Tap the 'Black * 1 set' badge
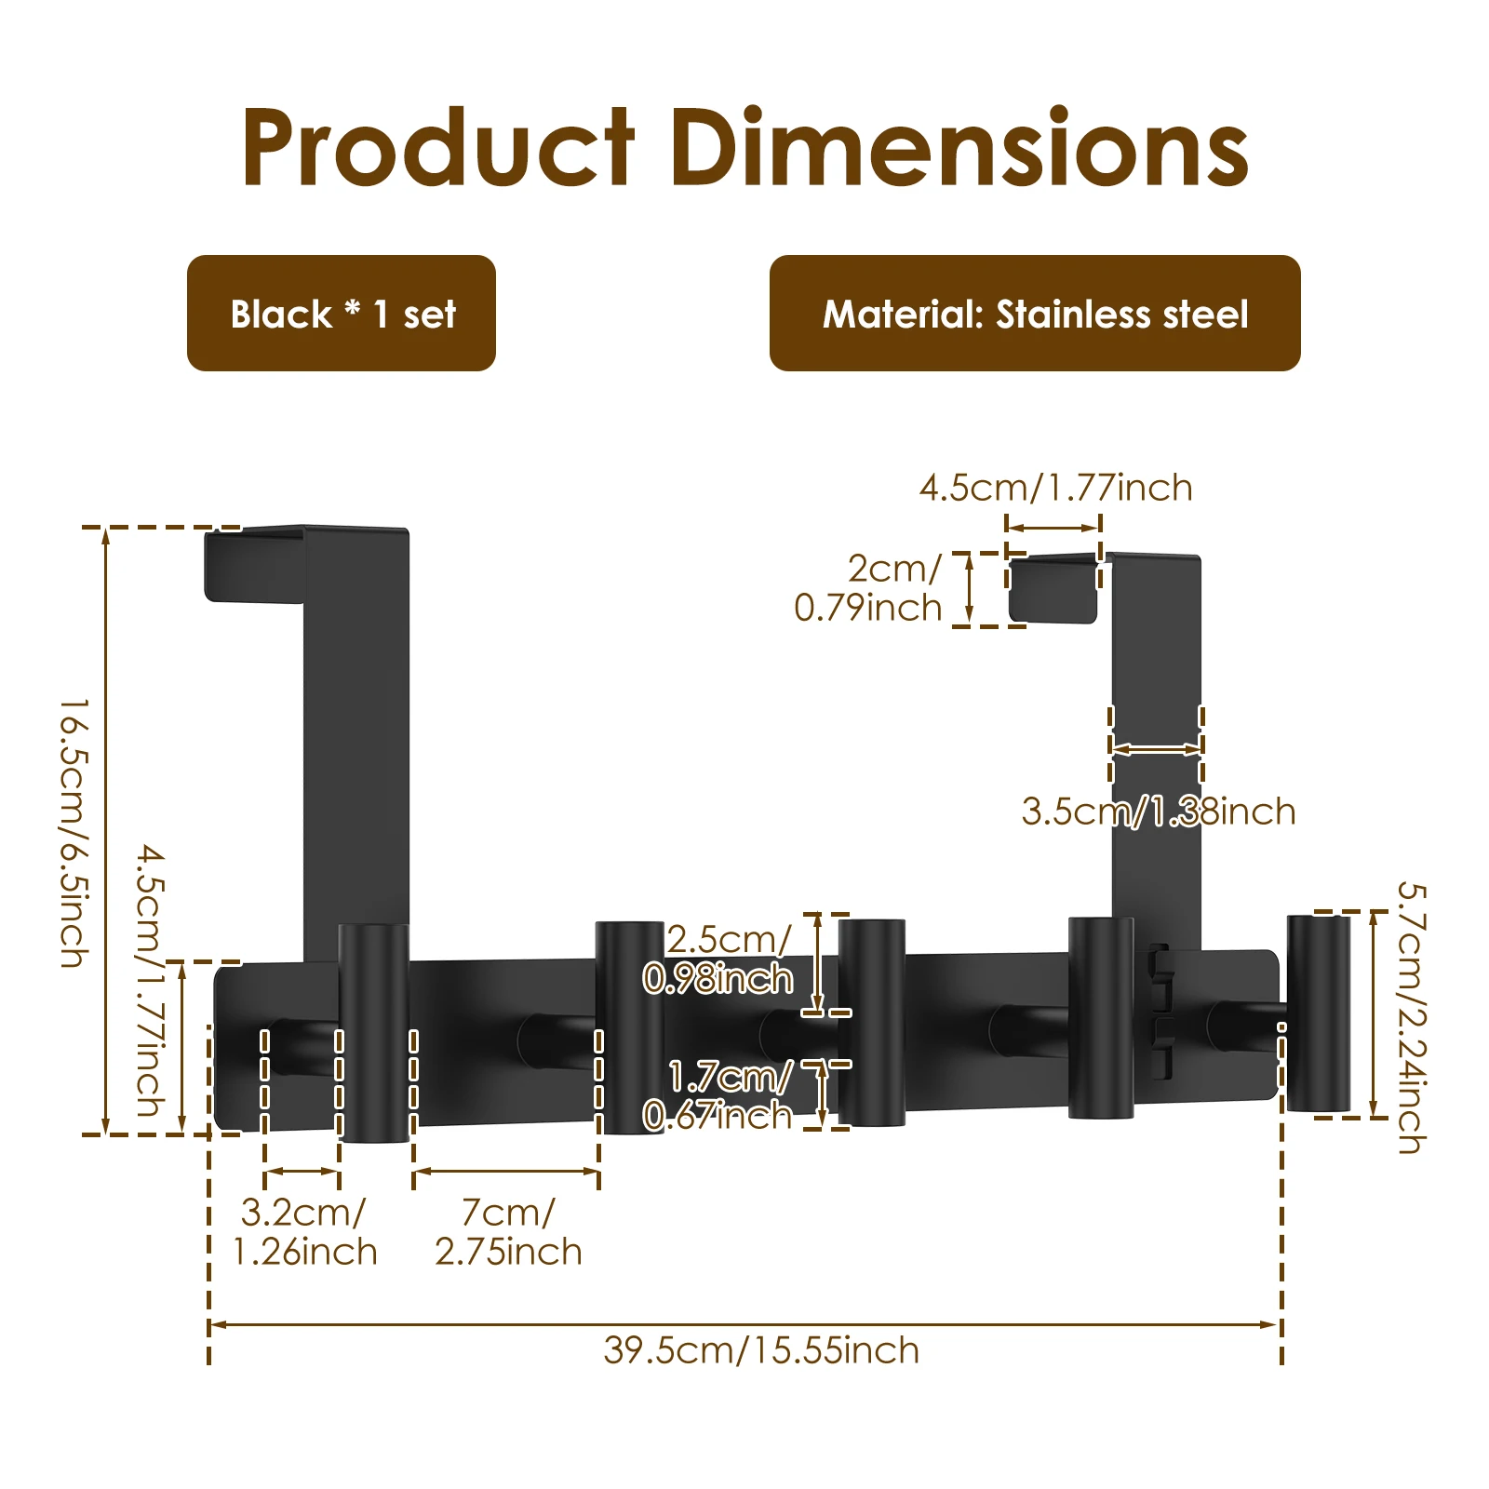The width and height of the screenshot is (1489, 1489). [x=342, y=314]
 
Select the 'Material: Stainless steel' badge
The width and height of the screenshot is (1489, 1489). [x=1035, y=314]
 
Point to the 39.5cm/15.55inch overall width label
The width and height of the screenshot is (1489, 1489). [x=761, y=1350]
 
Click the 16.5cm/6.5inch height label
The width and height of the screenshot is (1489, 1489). [x=74, y=833]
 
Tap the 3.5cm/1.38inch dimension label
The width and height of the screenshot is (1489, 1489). [x=1159, y=812]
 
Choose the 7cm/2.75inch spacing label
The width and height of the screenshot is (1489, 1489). [x=508, y=1232]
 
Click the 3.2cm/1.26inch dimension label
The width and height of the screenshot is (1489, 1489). [x=304, y=1232]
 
